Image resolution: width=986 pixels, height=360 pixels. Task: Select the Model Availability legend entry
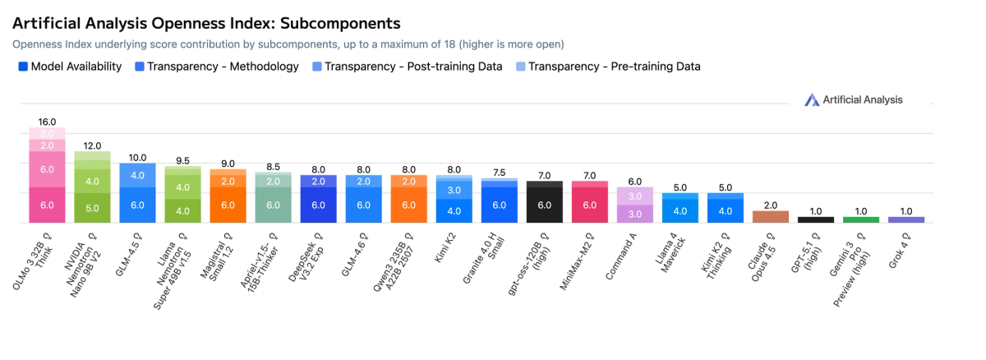tap(70, 67)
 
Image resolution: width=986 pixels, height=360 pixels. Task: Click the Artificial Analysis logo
tap(853, 99)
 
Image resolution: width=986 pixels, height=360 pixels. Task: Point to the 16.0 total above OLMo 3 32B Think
tap(47, 121)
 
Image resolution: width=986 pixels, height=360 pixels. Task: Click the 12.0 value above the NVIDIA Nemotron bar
tap(92, 145)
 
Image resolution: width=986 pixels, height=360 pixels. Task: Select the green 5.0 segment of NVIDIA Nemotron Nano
tap(92, 207)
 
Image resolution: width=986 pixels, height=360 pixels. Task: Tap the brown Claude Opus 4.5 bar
tap(770, 217)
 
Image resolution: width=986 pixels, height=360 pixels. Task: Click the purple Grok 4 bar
tap(905, 219)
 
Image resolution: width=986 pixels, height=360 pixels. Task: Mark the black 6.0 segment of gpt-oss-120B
tap(544, 205)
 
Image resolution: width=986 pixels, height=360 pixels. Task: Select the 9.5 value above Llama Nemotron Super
tap(182, 160)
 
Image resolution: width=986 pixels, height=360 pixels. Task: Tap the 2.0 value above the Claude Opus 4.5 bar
tap(770, 205)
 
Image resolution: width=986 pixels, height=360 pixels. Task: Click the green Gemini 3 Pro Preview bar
tap(860, 219)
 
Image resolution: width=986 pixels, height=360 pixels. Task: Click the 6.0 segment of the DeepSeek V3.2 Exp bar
tap(318, 205)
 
